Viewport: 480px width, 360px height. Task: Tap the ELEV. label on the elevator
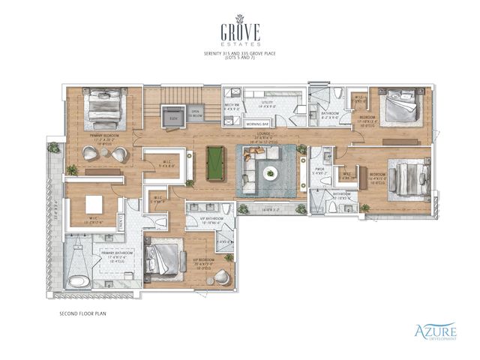(x=173, y=118)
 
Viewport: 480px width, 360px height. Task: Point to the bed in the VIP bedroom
(x=163, y=259)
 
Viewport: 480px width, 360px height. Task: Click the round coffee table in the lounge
(x=270, y=172)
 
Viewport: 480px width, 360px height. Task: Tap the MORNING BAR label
(x=258, y=122)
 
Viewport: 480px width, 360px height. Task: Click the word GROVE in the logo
(x=240, y=32)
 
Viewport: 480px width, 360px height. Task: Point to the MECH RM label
(x=231, y=106)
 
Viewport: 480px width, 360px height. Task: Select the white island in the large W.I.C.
(x=94, y=204)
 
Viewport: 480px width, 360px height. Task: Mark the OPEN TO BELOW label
(x=195, y=115)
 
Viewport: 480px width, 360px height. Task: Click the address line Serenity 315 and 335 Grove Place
(x=240, y=56)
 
